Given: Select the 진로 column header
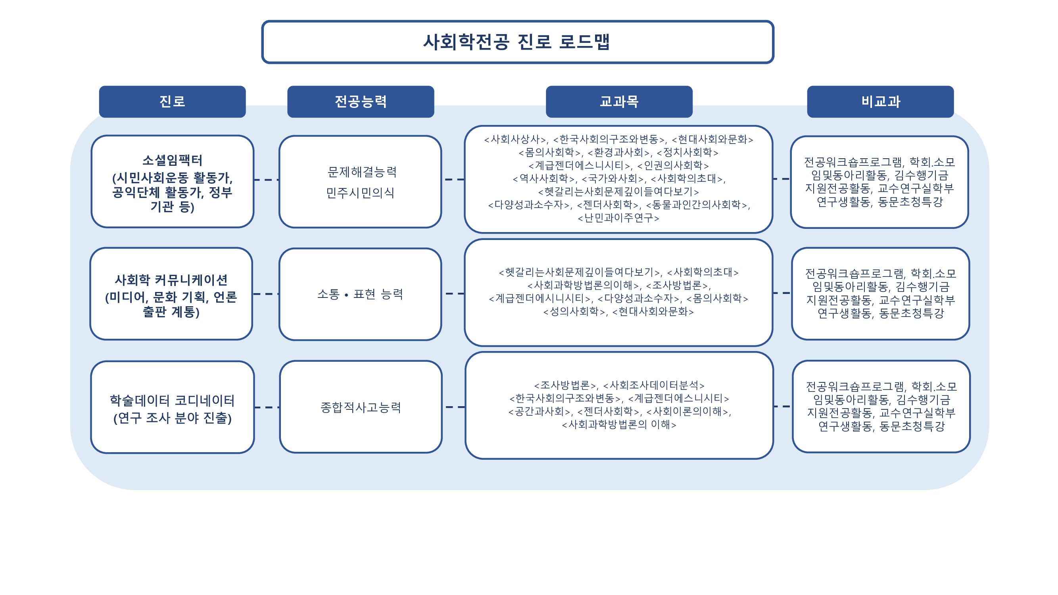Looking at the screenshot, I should pyautogui.click(x=172, y=102).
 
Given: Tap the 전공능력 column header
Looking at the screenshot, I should pyautogui.click(x=360, y=102).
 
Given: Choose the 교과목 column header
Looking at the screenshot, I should pyautogui.click(x=618, y=102).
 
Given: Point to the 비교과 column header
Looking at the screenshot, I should pyautogui.click(x=880, y=102).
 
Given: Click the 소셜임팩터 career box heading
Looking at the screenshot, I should pyautogui.click(x=172, y=160).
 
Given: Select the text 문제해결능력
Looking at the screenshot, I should pyautogui.click(x=362, y=172).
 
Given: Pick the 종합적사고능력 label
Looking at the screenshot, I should pyautogui.click(x=360, y=407).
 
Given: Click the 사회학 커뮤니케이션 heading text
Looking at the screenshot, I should pyautogui.click(x=171, y=280).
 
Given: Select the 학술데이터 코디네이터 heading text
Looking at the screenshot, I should pyautogui.click(x=172, y=400).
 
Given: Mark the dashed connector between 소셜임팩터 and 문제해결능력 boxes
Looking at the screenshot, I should pyautogui.click(x=266, y=179).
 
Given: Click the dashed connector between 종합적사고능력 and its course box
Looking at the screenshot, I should pyautogui.click(x=455, y=407).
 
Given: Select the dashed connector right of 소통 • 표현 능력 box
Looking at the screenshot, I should pyautogui.click(x=455, y=294).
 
